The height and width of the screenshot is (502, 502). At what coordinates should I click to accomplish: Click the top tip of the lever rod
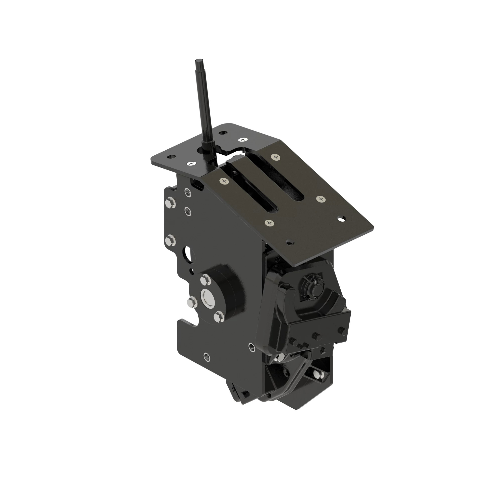tap(198, 61)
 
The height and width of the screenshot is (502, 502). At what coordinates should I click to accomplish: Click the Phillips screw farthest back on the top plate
tap(243, 140)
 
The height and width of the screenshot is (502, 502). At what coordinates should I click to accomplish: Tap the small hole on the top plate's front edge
tap(289, 243)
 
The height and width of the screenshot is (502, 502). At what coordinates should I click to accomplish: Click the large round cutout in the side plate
tap(187, 252)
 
